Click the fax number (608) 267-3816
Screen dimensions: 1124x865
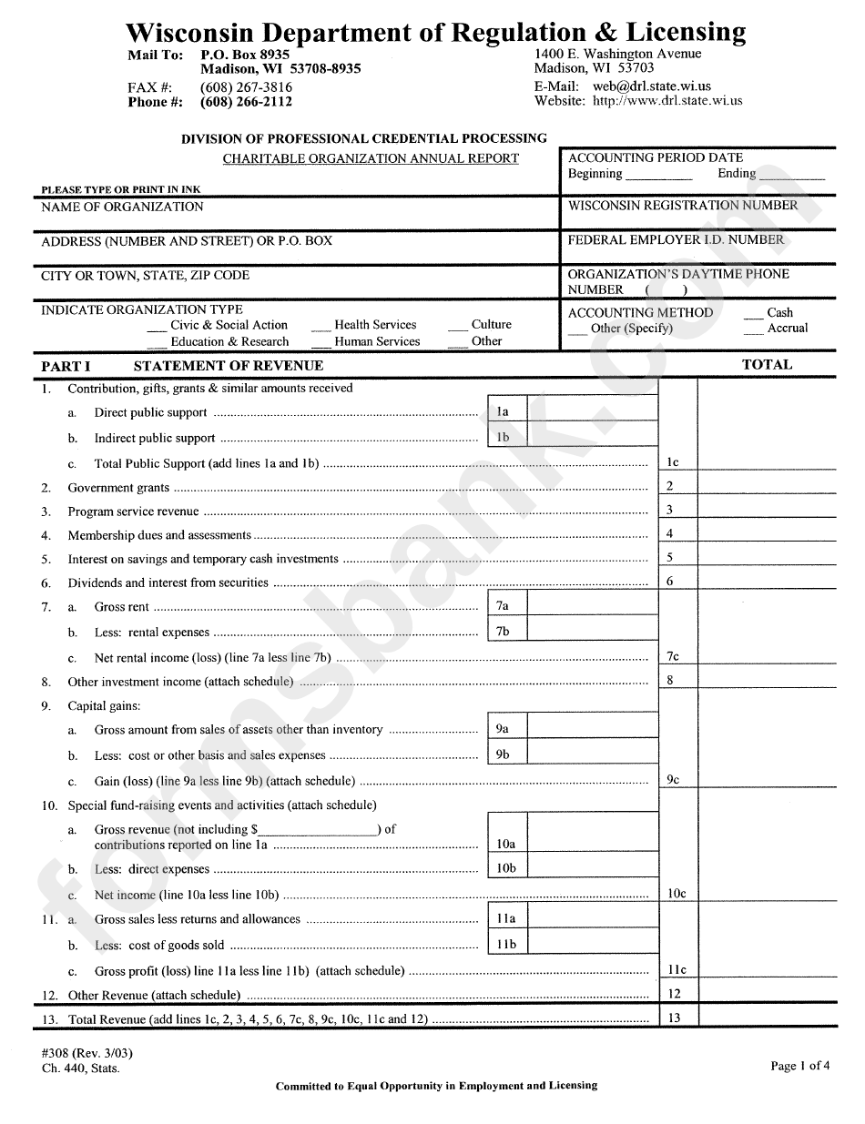(246, 87)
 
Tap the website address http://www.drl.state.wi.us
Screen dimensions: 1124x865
(667, 100)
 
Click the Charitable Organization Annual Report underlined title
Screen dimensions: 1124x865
(371, 158)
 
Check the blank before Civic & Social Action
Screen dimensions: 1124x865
(156, 327)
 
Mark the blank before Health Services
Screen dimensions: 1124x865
(320, 327)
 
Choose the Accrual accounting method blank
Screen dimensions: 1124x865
(752, 330)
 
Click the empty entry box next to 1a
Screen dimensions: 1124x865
(592, 411)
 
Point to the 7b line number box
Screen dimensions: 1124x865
(503, 632)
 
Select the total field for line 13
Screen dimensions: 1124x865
(767, 1018)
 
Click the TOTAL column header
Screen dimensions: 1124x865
(767, 364)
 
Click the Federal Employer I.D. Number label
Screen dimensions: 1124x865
(676, 240)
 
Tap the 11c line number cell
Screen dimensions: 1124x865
(677, 970)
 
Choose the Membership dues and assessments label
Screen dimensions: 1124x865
(159, 535)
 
